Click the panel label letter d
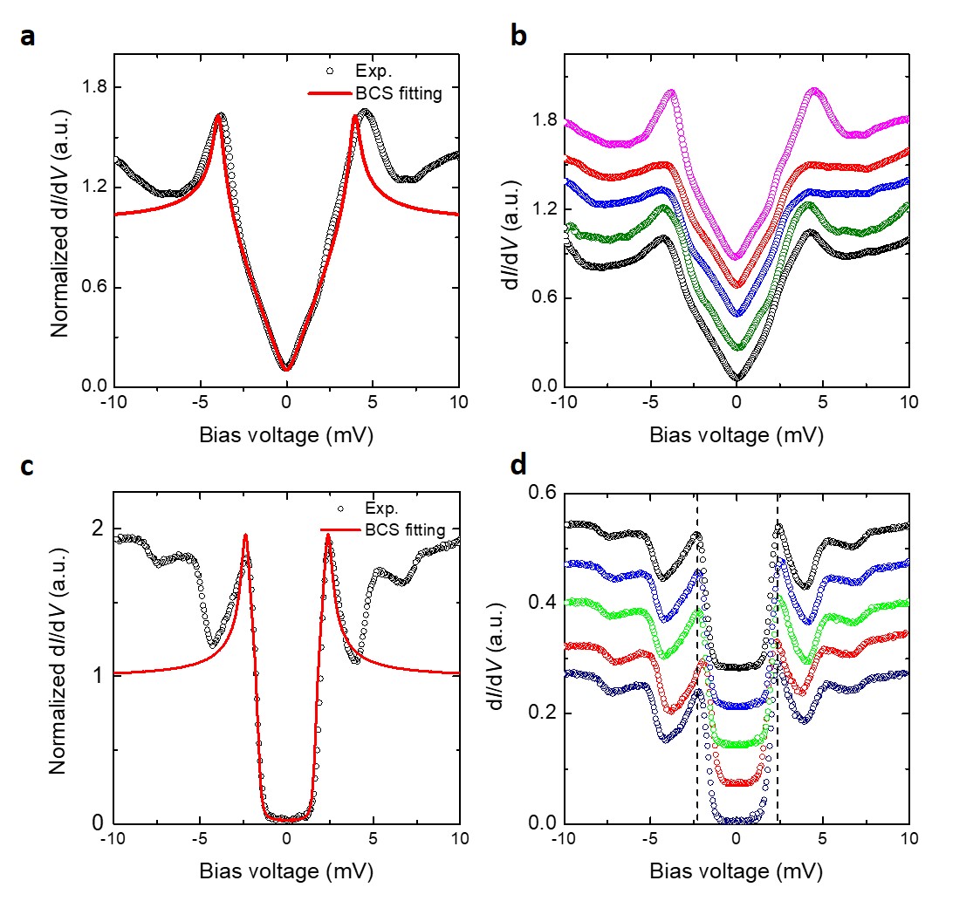click(517, 467)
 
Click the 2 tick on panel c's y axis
click(98, 529)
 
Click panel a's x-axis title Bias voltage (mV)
click(286, 435)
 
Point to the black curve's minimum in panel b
click(737, 379)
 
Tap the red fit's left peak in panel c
click(245, 535)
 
